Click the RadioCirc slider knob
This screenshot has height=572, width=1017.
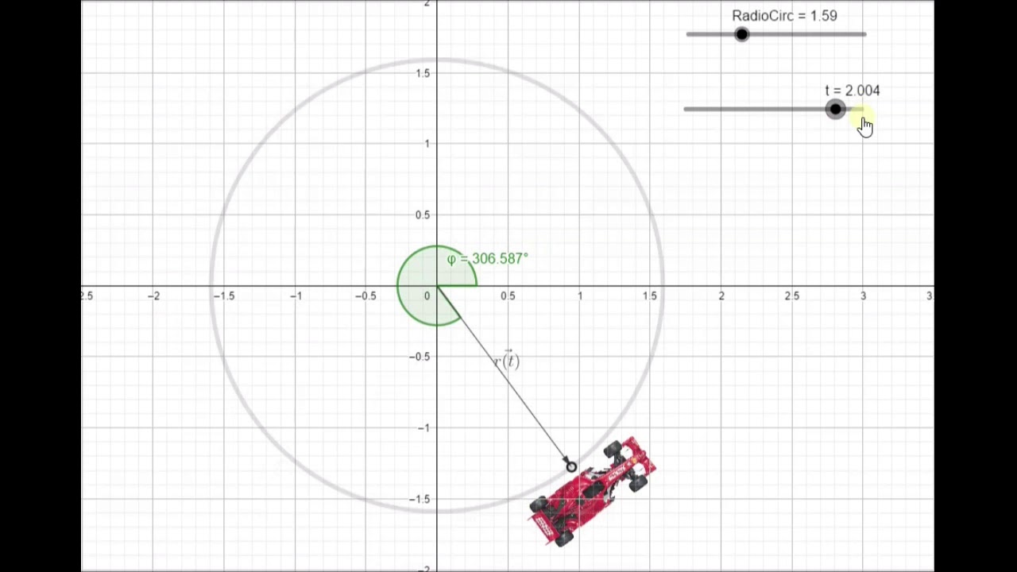741,34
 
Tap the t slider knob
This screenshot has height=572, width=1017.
835,110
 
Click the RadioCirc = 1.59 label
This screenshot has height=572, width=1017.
783,16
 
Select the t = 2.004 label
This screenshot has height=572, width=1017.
852,91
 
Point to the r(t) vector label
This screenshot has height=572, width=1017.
506,361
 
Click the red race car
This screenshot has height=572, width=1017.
593,490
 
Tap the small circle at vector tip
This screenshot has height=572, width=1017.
571,467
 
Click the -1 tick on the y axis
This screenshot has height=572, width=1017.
423,428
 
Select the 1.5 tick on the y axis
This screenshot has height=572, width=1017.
422,73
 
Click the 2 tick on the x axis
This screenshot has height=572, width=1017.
721,296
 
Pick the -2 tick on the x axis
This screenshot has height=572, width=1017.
154,296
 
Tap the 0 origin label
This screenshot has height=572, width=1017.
427,296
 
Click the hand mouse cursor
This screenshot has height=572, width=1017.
865,126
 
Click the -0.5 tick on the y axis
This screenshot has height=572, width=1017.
420,357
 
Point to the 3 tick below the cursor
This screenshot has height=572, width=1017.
863,296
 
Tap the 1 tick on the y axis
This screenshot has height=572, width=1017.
427,144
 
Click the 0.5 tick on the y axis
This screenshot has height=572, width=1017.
421,215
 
